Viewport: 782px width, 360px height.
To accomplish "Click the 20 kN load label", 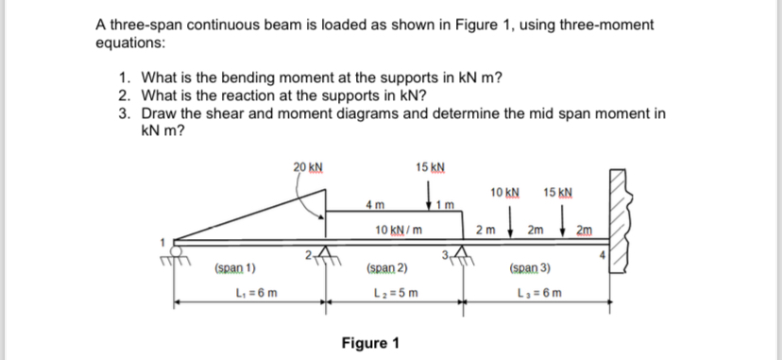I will click(x=308, y=169).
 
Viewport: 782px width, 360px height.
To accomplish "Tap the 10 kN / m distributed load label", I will click(x=398, y=231).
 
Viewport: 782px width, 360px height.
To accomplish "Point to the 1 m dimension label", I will click(x=450, y=205).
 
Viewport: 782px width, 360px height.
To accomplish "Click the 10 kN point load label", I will click(x=505, y=193).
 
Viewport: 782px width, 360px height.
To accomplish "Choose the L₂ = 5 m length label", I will click(x=397, y=291).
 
